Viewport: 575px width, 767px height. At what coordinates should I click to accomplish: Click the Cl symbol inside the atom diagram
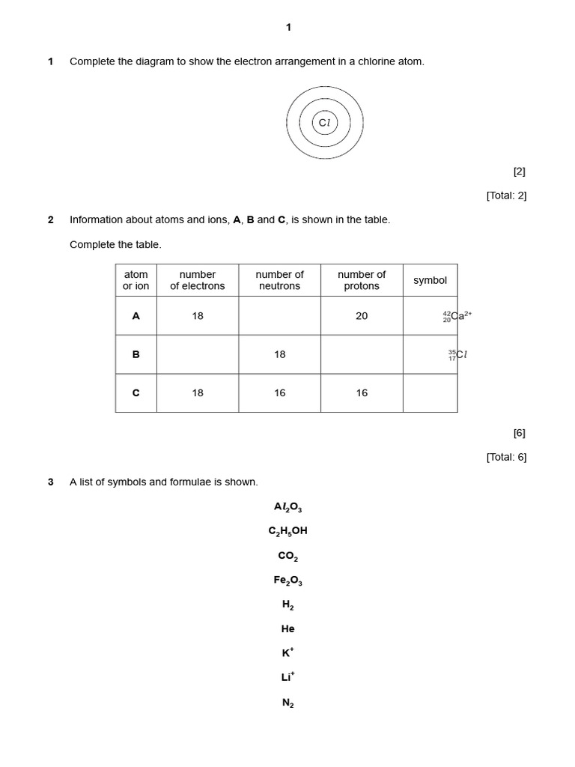coord(324,123)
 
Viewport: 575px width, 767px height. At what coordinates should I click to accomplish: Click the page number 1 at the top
coord(288,28)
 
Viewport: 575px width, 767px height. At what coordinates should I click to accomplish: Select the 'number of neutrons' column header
coord(279,280)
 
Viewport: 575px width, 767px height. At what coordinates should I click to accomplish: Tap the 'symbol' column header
coord(430,280)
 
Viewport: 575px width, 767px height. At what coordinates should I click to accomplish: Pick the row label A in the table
coord(136,316)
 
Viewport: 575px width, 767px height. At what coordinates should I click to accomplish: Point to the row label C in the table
coord(136,393)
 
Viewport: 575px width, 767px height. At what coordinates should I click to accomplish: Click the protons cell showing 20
coord(362,316)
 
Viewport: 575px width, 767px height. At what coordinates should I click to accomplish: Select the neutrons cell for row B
coord(279,354)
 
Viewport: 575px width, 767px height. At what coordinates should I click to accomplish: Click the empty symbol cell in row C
coord(430,393)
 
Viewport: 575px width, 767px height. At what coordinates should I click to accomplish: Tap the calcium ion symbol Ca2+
coord(457,316)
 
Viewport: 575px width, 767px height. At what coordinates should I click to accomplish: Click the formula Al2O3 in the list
coord(287,507)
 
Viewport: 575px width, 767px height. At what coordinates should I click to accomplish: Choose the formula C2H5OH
coord(287,531)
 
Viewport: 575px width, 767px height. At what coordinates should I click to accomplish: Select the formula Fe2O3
coord(287,580)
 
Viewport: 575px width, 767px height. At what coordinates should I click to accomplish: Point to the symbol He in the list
coord(287,629)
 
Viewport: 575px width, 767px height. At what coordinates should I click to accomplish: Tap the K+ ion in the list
coord(287,652)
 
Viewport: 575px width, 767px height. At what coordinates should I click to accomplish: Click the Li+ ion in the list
coord(287,677)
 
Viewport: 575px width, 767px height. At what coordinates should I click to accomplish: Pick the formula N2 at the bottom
coord(287,703)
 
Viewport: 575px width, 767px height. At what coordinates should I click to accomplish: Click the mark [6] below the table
coord(519,433)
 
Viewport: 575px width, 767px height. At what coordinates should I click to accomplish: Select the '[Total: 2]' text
coord(506,195)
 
